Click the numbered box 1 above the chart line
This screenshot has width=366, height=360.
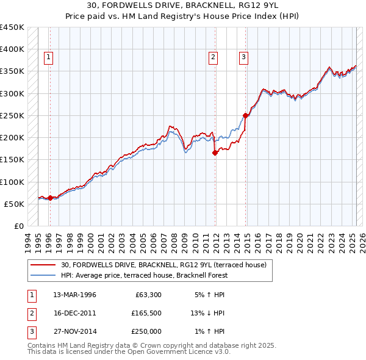(49, 57)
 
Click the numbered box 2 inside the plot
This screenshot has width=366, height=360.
(213, 57)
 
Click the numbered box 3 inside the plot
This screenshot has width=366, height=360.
(243, 57)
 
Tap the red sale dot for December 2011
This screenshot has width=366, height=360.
(215, 153)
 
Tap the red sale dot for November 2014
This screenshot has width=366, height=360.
(245, 115)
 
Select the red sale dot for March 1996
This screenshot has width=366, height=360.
(49, 198)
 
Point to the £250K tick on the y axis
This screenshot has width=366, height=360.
(12, 115)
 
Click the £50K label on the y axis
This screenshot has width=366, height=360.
(15, 204)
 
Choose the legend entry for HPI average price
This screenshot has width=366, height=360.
(144, 275)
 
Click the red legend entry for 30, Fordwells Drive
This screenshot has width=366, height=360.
(163, 265)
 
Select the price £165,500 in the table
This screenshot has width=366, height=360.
(146, 313)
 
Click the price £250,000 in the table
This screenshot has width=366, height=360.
(146, 331)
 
